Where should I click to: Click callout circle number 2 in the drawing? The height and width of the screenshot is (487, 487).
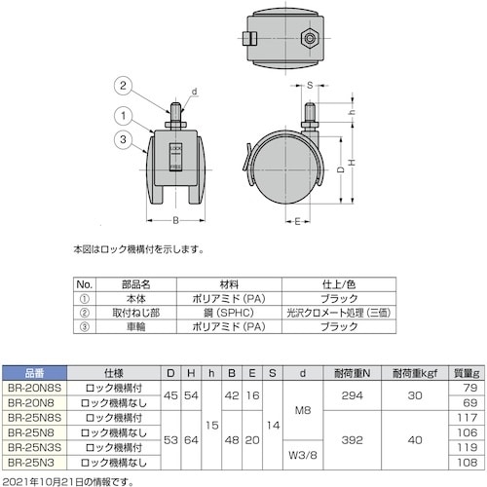coord(125,87)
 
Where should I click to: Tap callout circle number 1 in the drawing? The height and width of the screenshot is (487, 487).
coord(125,114)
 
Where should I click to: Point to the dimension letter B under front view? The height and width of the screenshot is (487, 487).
coord(175,220)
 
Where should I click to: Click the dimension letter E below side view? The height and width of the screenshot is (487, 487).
coord(295,220)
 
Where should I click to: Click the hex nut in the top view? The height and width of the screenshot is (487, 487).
coord(309,40)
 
